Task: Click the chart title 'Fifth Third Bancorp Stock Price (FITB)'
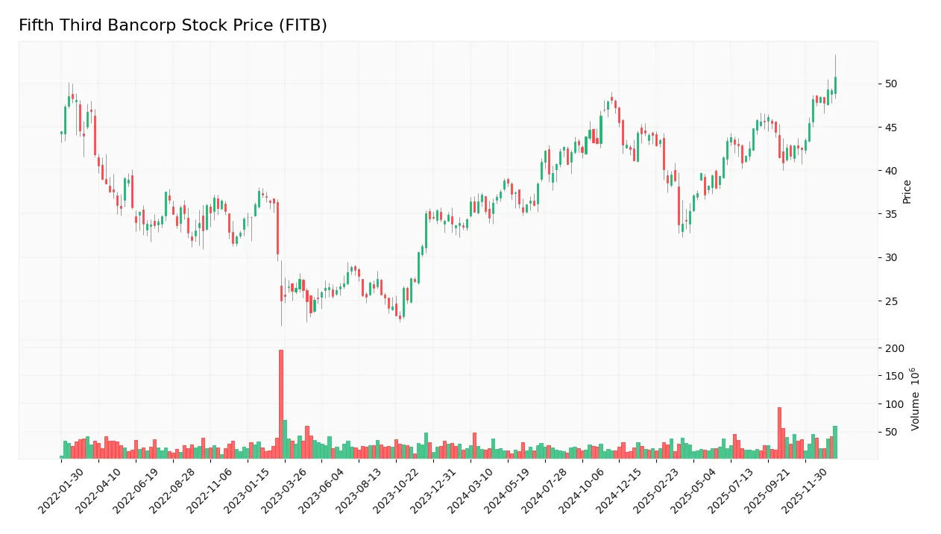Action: (172, 25)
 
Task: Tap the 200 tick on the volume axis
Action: (895, 348)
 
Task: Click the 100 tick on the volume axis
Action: (895, 404)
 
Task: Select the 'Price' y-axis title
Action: (907, 192)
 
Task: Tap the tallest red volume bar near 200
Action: (281, 403)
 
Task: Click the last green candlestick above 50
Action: (835, 85)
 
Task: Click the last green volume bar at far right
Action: (835, 442)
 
